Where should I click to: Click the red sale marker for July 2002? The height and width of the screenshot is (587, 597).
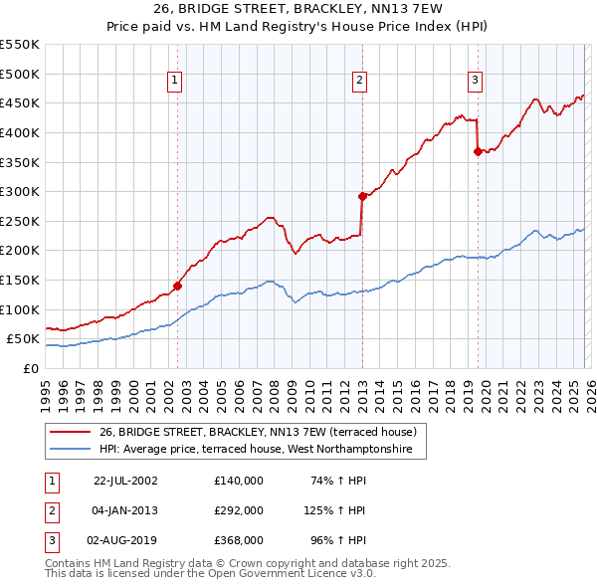[178, 286]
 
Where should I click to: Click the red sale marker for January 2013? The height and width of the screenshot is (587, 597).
[362, 196]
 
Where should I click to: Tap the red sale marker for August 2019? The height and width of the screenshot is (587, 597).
[478, 151]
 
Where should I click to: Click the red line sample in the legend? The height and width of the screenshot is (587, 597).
[70, 432]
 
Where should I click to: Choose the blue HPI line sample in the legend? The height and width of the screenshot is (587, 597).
[70, 450]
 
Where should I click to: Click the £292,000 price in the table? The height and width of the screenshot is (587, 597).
[239, 510]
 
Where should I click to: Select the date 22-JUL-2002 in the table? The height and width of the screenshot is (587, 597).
[125, 481]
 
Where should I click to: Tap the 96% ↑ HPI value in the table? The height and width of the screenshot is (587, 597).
[336, 540]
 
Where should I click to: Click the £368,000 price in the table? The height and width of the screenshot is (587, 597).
[239, 540]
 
